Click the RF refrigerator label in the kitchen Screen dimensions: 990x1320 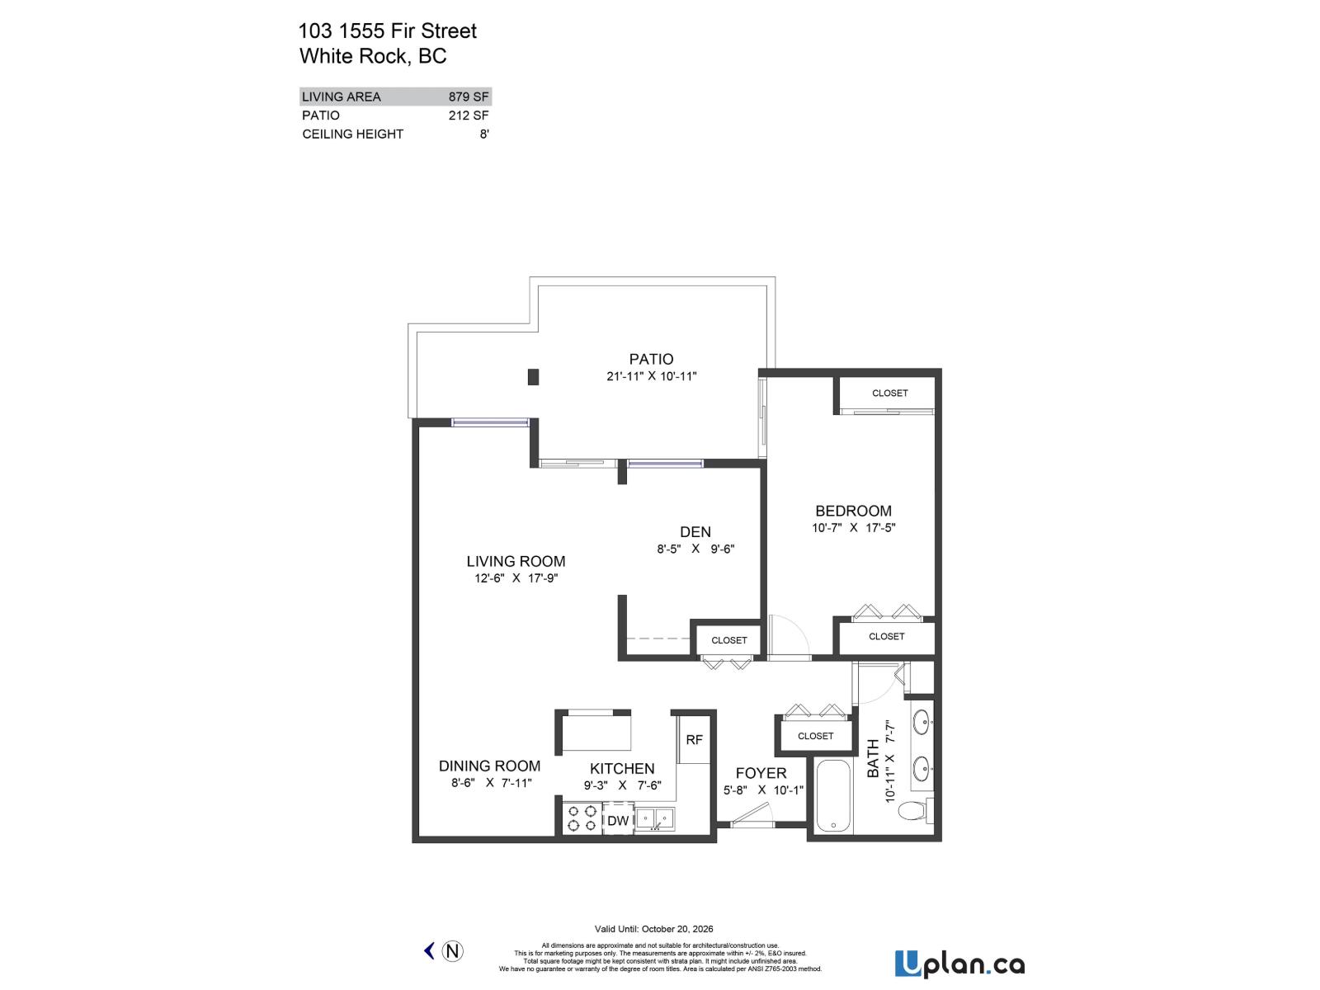tap(694, 740)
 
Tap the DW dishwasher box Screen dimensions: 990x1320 tap(618, 820)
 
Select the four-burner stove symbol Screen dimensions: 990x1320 tap(582, 818)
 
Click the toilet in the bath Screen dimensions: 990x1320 tap(912, 810)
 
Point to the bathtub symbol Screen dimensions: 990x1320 tap(834, 796)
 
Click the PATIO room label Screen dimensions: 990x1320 tap(651, 359)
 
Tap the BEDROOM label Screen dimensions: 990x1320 tap(853, 511)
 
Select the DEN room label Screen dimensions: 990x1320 tap(695, 532)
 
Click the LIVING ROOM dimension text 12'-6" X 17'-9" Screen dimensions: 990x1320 tap(516, 578)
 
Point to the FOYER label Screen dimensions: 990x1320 tap(761, 773)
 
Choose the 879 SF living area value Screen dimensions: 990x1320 tap(469, 97)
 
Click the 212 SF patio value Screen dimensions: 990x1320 tap(469, 115)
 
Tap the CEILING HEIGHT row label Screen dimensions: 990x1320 tap(352, 134)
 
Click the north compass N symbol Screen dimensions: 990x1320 tap(452, 951)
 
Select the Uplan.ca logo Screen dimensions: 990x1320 tap(959, 964)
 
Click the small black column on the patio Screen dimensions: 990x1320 tap(533, 377)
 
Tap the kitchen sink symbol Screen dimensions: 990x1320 tap(654, 819)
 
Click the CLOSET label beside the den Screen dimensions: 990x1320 tap(729, 640)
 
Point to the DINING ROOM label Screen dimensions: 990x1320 tap(489, 766)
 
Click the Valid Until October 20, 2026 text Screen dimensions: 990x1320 tap(653, 929)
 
